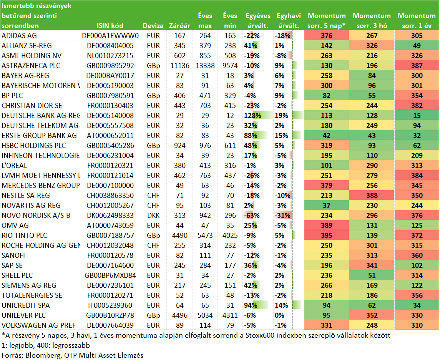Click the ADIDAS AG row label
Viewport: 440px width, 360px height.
pyautogui.click(x=19, y=36)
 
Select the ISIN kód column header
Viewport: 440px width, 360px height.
pyautogui.click(x=110, y=25)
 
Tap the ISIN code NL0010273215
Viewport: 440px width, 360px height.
pyautogui.click(x=110, y=56)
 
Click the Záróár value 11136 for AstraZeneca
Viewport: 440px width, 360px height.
pyautogui.click(x=179, y=66)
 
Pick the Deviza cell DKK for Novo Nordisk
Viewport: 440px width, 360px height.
pyautogui.click(x=153, y=216)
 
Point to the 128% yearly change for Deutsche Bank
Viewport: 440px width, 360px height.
pyautogui.click(x=252, y=116)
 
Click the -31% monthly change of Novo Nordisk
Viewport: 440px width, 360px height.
pyautogui.click(x=282, y=216)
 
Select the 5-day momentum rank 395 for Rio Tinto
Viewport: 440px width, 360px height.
pyautogui.click(x=327, y=236)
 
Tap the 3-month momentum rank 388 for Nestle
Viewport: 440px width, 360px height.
pyautogui.click(x=372, y=196)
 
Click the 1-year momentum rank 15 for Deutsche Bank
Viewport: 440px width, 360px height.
pyautogui.click(x=417, y=116)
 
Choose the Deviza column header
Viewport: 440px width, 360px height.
pyautogui.click(x=153, y=25)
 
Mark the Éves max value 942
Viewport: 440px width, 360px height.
pyautogui.click(x=205, y=216)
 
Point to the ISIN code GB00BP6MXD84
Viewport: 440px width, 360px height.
pyautogui.click(x=110, y=275)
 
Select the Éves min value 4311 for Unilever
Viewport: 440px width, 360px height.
pyautogui.click(x=230, y=315)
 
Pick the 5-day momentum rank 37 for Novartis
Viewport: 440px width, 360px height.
pyautogui.click(x=327, y=206)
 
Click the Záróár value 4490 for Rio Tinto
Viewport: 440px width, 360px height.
pyautogui.click(x=179, y=236)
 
